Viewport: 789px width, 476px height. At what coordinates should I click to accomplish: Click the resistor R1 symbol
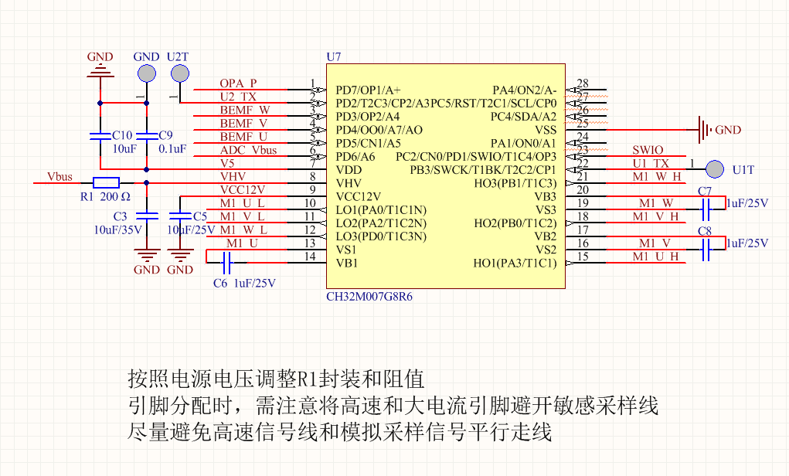coord(105,183)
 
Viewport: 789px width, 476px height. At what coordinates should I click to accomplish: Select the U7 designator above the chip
coord(334,57)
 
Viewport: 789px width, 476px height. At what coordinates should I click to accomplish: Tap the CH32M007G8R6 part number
coord(369,297)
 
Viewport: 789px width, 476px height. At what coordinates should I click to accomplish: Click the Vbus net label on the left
coord(60,177)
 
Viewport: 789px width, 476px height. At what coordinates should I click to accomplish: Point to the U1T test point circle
coord(715,168)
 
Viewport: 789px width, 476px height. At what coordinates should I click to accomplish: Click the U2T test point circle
coord(179,73)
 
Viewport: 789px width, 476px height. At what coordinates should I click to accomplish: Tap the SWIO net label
coord(648,151)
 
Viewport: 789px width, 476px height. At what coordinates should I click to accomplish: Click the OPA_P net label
coord(238,83)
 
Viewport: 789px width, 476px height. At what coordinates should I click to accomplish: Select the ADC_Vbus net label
coord(248,150)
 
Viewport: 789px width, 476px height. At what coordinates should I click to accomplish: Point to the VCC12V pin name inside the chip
coord(359,196)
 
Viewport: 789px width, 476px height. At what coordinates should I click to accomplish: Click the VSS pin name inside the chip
coord(546,129)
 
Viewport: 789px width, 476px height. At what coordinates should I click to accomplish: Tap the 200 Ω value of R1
coord(114,197)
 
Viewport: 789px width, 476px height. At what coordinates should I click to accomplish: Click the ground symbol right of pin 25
coord(702,130)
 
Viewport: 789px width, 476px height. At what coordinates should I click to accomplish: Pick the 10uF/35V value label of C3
coord(117,229)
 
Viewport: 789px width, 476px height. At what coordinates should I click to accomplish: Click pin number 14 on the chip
coord(311,257)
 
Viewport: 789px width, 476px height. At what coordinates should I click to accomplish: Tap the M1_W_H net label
coord(657,177)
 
